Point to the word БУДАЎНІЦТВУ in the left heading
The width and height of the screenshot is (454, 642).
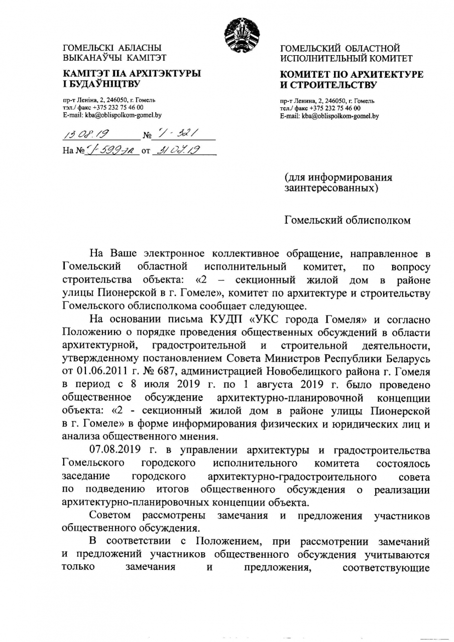(105, 83)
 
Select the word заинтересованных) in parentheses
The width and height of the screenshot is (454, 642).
(331, 188)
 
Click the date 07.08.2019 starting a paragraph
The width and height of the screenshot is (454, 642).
(116, 447)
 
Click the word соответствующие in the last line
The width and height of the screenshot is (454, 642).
(386, 568)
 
